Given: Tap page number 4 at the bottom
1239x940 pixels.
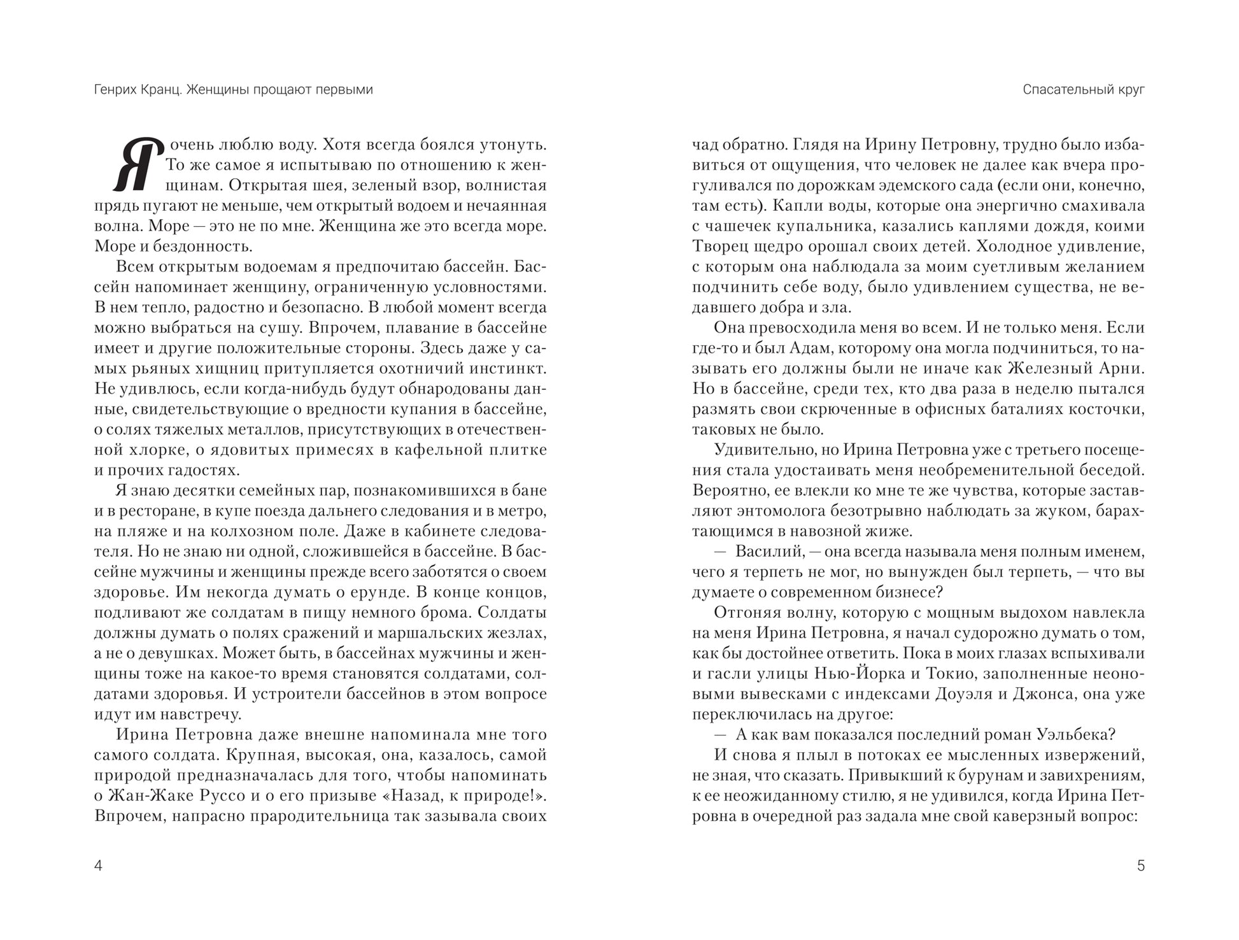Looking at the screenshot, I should click(x=98, y=866).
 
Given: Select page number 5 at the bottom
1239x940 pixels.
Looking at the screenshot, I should click(x=1140, y=866).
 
